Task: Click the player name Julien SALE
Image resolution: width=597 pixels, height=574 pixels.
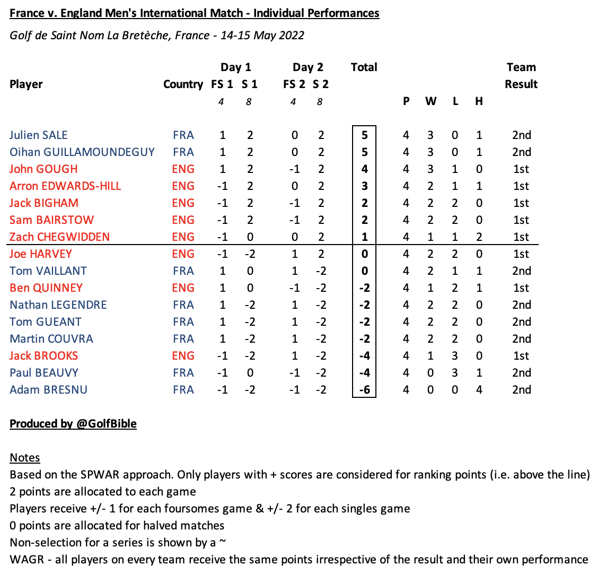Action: [x=39, y=135]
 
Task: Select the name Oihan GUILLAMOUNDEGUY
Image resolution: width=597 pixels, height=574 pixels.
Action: [x=82, y=152]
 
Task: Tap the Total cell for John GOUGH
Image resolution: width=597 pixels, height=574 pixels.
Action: [x=364, y=169]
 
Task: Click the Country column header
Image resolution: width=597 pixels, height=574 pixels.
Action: [x=183, y=84]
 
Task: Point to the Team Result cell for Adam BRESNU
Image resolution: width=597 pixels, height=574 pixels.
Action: [x=521, y=390]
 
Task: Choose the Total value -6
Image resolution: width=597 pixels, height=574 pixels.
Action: [x=364, y=390]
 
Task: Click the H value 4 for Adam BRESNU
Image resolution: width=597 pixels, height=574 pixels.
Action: [x=479, y=390]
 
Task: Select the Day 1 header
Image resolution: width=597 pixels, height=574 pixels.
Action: [x=235, y=67]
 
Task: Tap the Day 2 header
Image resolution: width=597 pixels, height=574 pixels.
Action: [x=308, y=67]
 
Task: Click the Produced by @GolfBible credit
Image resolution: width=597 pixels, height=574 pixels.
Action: [x=73, y=424]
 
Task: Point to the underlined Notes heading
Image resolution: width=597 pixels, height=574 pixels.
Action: [x=25, y=458]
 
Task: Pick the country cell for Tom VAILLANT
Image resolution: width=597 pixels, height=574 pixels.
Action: [x=183, y=271]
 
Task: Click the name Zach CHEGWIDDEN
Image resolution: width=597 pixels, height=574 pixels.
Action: [x=59, y=237]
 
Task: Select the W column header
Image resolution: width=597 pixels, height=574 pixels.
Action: [x=431, y=101]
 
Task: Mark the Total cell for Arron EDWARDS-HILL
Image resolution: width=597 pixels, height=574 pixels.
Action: [x=364, y=186]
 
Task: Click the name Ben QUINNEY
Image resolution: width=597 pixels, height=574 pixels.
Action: [x=46, y=288]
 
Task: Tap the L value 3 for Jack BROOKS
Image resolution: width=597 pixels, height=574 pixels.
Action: [x=455, y=356]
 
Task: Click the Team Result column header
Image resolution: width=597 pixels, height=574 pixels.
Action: [x=521, y=76]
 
